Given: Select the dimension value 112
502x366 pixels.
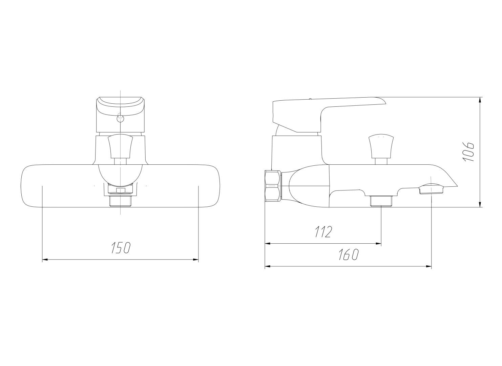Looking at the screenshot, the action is coord(323,232).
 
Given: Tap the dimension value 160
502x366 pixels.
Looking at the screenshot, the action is coord(349,255).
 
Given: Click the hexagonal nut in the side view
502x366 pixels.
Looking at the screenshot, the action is coord(273,186).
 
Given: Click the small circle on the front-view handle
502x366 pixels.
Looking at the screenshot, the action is coord(121,117).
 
